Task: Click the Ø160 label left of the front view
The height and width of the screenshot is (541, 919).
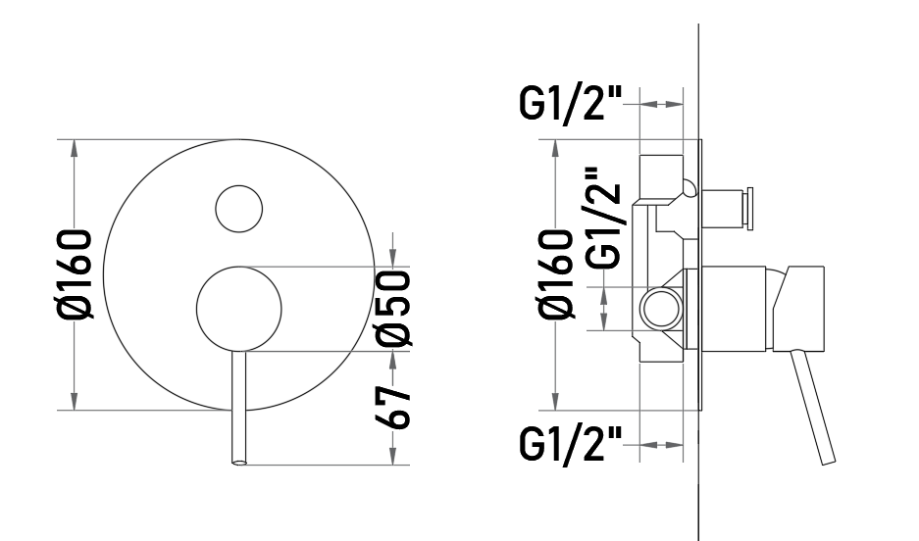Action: coord(75,274)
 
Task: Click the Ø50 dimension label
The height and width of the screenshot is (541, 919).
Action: coord(392,308)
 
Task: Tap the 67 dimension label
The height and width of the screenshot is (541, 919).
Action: coord(392,408)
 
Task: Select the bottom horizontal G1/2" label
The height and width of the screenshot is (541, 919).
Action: coord(570,446)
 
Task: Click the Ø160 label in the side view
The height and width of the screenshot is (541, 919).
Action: coord(556,274)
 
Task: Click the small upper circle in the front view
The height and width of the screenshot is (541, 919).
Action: coord(238,209)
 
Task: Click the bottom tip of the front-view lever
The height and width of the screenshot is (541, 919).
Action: coord(239,464)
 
